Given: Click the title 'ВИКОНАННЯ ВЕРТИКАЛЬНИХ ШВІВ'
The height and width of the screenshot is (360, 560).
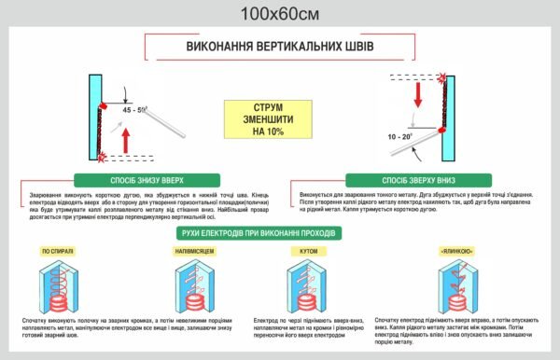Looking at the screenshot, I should pyautogui.click(x=279, y=48).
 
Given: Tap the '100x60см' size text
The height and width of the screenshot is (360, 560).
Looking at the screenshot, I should pyautogui.click(x=279, y=13).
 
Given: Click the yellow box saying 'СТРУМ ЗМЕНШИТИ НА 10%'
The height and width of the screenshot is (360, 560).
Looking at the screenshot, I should pyautogui.click(x=262, y=118).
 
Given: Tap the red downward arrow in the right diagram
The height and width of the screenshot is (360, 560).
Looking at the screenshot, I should pyautogui.click(x=417, y=93).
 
